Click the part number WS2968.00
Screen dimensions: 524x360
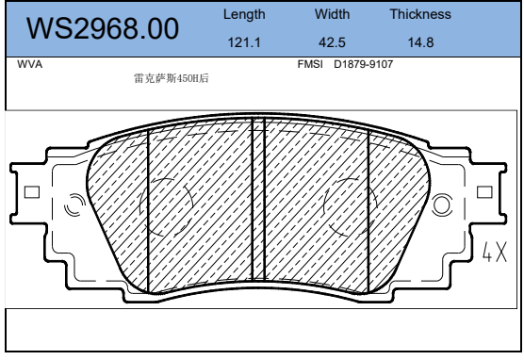(x=103, y=28)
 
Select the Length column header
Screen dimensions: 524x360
(x=244, y=15)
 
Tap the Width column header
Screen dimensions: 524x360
(x=332, y=14)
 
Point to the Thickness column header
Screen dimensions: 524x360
(x=420, y=14)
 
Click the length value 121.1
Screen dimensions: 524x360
(x=244, y=42)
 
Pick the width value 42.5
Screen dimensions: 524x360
(x=332, y=42)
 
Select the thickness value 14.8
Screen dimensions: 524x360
(x=420, y=42)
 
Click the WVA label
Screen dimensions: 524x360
(x=30, y=64)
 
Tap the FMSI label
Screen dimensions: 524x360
(x=310, y=64)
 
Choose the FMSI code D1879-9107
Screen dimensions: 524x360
(x=363, y=64)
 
